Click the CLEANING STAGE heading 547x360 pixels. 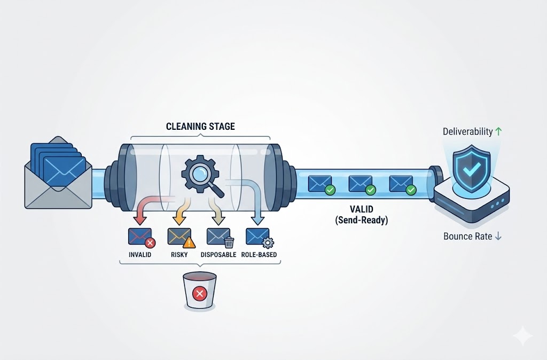[x=200, y=127]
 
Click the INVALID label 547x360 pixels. [x=139, y=255]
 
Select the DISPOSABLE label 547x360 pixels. [x=218, y=255]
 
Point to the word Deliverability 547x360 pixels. [x=468, y=131]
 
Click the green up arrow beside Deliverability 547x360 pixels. [x=499, y=131]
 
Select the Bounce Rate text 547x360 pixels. [x=467, y=236]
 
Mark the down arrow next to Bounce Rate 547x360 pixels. [x=498, y=236]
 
